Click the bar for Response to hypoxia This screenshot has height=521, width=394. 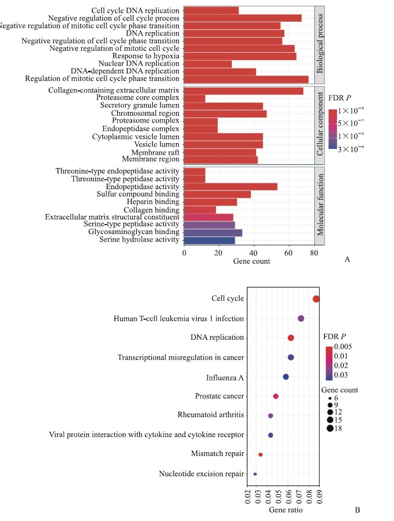[x=240, y=56]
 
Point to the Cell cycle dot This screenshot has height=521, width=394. [x=316, y=299]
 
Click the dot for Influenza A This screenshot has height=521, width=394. [x=286, y=377]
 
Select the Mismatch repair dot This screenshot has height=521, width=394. [x=261, y=454]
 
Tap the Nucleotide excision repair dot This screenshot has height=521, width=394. [x=255, y=474]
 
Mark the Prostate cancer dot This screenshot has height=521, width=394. [x=275, y=396]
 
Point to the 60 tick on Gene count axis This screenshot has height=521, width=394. [x=288, y=253]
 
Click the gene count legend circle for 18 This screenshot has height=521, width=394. [x=330, y=428]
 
